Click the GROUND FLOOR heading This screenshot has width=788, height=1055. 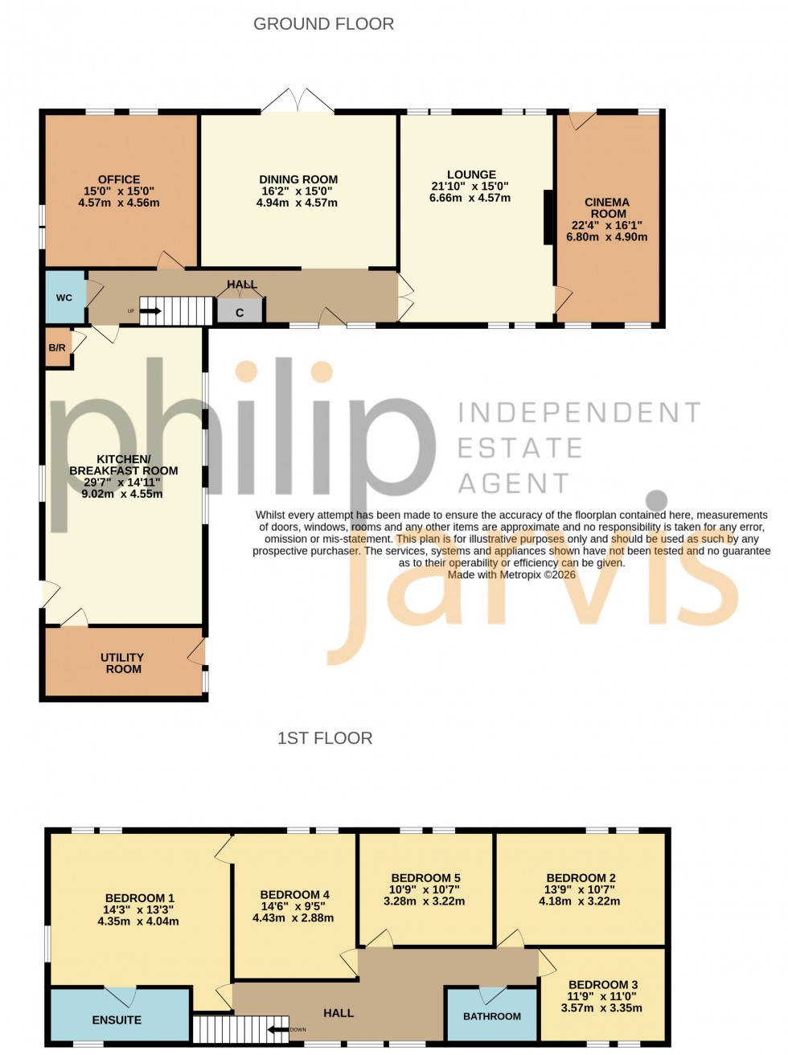(323, 24)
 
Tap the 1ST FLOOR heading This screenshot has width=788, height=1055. (325, 738)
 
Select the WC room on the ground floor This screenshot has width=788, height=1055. (64, 298)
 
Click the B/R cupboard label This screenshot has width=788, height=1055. (57, 348)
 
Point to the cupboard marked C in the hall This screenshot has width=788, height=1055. (240, 312)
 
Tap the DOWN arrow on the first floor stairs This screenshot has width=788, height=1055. (278, 1028)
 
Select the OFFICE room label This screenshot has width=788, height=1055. (119, 180)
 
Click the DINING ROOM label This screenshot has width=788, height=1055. (298, 180)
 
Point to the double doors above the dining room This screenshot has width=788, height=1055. (298, 101)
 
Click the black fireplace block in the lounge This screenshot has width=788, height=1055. (548, 217)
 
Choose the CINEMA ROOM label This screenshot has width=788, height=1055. (608, 208)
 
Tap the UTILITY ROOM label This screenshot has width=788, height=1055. (123, 663)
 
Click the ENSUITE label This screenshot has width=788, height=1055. (117, 1020)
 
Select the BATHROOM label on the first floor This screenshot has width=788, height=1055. (492, 1016)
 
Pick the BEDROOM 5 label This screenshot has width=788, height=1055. (425, 878)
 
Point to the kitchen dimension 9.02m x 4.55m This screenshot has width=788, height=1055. (122, 494)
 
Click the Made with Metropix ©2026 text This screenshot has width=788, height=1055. (511, 575)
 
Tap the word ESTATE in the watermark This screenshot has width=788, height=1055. (519, 448)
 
